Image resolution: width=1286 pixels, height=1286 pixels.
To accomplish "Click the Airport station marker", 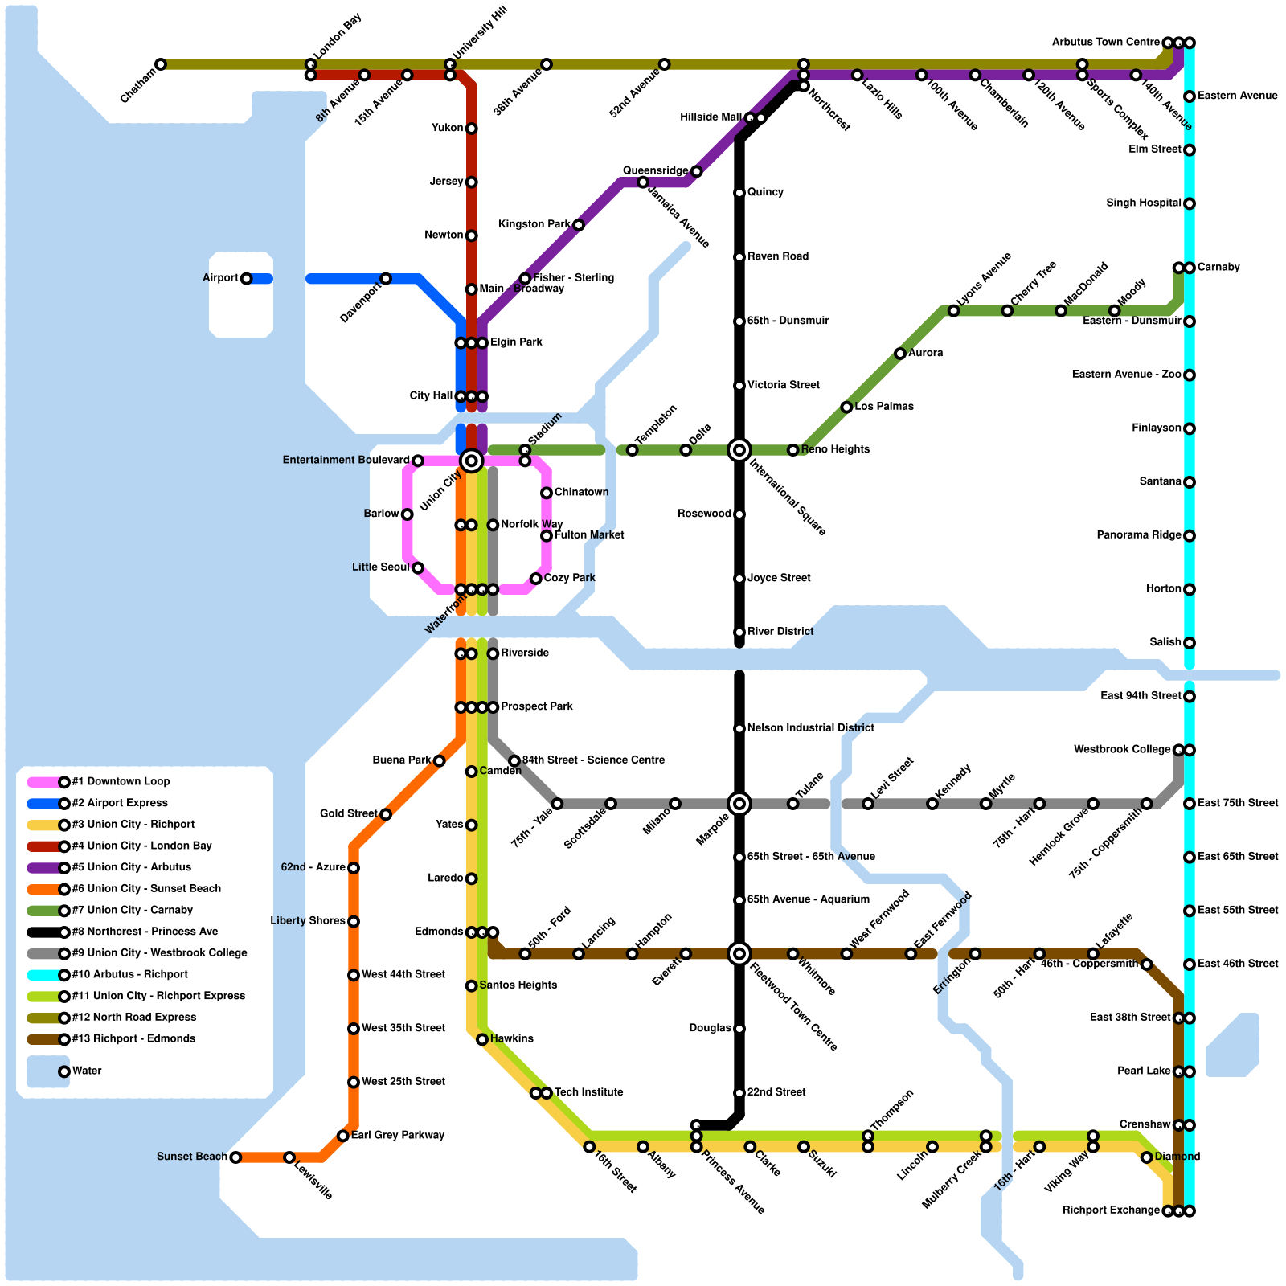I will (246, 279).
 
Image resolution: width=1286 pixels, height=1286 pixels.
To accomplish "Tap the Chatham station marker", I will (161, 64).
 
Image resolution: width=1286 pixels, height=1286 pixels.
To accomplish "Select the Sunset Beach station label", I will (191, 1157).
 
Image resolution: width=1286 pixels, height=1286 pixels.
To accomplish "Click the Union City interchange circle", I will (472, 461).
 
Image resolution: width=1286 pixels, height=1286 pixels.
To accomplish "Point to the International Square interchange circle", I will (739, 450).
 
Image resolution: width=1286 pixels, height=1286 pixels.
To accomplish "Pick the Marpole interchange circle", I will (739, 804).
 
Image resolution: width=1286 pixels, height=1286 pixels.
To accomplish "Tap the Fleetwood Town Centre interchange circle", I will (739, 954).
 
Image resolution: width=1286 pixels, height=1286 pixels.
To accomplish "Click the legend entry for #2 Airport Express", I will (120, 803).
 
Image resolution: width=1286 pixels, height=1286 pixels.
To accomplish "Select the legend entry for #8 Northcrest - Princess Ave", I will (145, 932).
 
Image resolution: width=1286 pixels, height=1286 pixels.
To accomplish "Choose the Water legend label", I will (87, 1071).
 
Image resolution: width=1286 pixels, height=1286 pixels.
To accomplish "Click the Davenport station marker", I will (386, 279).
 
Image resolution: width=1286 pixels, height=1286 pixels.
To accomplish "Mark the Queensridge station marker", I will (696, 172).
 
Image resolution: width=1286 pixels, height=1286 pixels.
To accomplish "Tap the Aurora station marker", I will (900, 354).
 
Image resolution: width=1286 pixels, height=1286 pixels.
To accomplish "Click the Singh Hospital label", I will (1143, 203).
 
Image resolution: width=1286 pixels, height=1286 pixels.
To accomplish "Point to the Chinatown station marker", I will (547, 493).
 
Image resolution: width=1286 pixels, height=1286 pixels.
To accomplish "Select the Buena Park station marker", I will (440, 761).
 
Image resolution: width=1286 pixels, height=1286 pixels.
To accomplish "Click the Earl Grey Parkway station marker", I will (343, 1136).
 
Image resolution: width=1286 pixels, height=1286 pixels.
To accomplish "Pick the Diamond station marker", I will (1146, 1157).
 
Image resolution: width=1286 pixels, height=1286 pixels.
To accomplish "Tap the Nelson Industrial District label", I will (810, 728).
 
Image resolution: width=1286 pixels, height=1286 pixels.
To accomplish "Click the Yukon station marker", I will (472, 129).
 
